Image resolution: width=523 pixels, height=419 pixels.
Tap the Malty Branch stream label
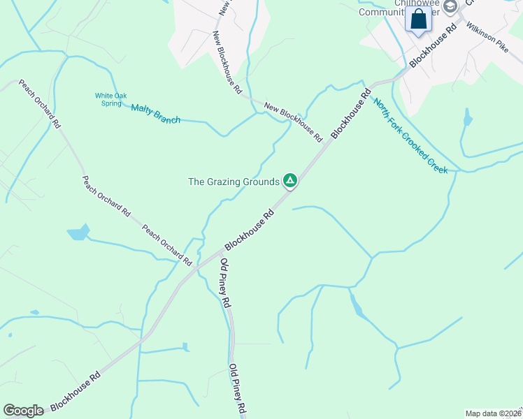tap(155, 114)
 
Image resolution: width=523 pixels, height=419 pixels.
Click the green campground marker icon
tap(290, 181)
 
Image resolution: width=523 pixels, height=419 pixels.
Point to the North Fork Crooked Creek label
tap(410, 136)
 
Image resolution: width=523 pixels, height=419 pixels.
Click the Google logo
tap(23, 411)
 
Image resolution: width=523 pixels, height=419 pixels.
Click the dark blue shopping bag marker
tap(419, 20)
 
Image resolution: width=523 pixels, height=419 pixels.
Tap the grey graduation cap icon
tap(450, 6)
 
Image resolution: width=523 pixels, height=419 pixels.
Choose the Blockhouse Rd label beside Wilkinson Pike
tap(433, 46)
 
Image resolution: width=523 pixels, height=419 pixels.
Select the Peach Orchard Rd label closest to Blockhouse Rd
tap(167, 244)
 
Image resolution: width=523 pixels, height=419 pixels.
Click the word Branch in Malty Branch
tap(167, 117)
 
